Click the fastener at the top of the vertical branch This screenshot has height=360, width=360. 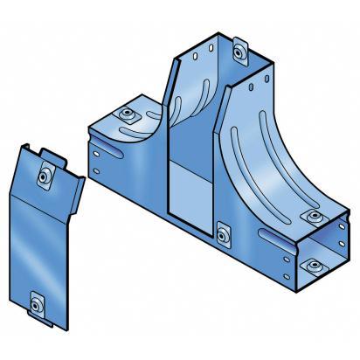pyautogui.click(x=239, y=53)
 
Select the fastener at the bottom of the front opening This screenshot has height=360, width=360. pyautogui.click(x=223, y=232)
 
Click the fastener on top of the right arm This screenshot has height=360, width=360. pyautogui.click(x=310, y=216)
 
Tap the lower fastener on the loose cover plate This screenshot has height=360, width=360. pyautogui.click(x=36, y=305)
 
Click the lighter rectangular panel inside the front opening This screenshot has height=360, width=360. pyautogui.click(x=189, y=192)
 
